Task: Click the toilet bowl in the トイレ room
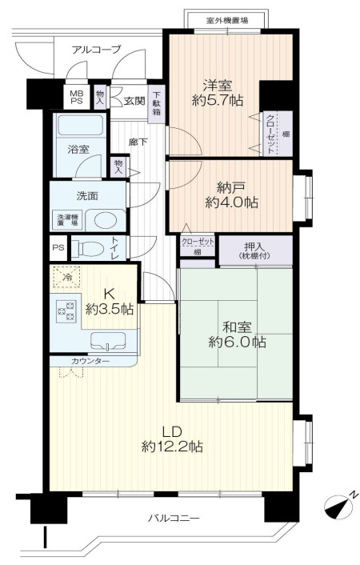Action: (x=87, y=248)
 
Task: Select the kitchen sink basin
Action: (x=108, y=341)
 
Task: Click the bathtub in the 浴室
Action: (x=81, y=125)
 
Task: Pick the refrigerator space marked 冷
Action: (x=66, y=277)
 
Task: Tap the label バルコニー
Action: (x=174, y=519)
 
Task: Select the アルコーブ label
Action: (x=96, y=50)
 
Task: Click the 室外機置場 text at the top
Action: (x=227, y=20)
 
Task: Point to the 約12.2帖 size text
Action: (x=172, y=447)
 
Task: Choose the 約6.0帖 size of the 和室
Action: (x=237, y=342)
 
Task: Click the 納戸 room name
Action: (x=231, y=187)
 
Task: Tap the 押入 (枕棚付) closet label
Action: (x=254, y=250)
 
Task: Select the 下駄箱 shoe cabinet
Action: (x=156, y=104)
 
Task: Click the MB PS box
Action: (x=76, y=97)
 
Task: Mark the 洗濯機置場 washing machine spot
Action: (x=68, y=220)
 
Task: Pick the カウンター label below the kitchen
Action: (x=90, y=361)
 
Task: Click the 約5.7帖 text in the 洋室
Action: (x=218, y=100)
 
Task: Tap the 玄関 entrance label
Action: (x=134, y=101)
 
